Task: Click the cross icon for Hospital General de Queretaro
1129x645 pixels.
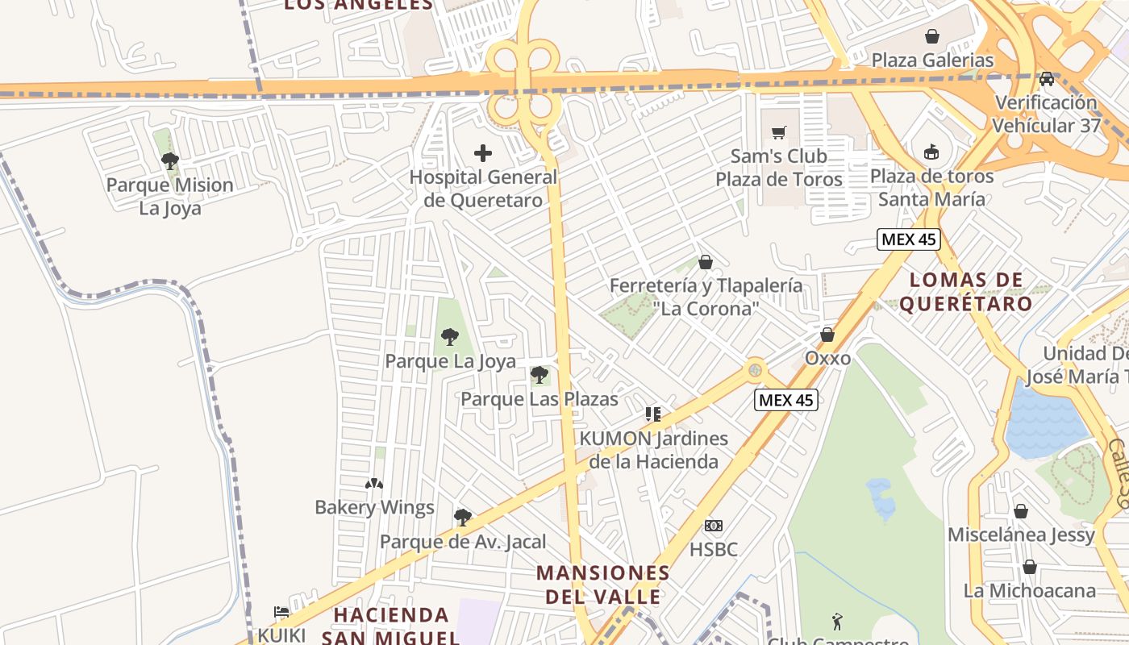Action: (x=483, y=153)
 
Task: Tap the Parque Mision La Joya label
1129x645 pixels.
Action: (x=170, y=196)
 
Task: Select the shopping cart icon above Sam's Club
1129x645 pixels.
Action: (x=778, y=132)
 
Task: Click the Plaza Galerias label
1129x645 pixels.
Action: (x=932, y=60)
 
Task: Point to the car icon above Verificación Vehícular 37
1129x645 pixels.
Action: (x=1046, y=79)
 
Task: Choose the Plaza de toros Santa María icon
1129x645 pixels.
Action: (x=931, y=152)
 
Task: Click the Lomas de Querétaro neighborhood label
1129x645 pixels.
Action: (x=966, y=292)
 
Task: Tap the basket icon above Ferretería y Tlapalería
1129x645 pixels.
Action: (x=706, y=262)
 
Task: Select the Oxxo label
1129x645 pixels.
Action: (x=827, y=357)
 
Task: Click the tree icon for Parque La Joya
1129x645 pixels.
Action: (x=450, y=337)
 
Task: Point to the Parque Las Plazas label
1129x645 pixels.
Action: (x=539, y=399)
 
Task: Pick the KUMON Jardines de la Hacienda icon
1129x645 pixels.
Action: (x=653, y=414)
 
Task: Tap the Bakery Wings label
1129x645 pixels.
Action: (x=374, y=507)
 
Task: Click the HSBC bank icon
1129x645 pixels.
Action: (x=714, y=526)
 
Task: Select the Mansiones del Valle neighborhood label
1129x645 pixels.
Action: (x=603, y=585)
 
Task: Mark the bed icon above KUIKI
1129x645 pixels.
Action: (x=281, y=612)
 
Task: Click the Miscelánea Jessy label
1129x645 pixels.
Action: (x=1021, y=535)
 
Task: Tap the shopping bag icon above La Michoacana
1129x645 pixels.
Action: (x=1030, y=567)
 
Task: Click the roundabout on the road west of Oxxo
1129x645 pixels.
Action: (x=755, y=370)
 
